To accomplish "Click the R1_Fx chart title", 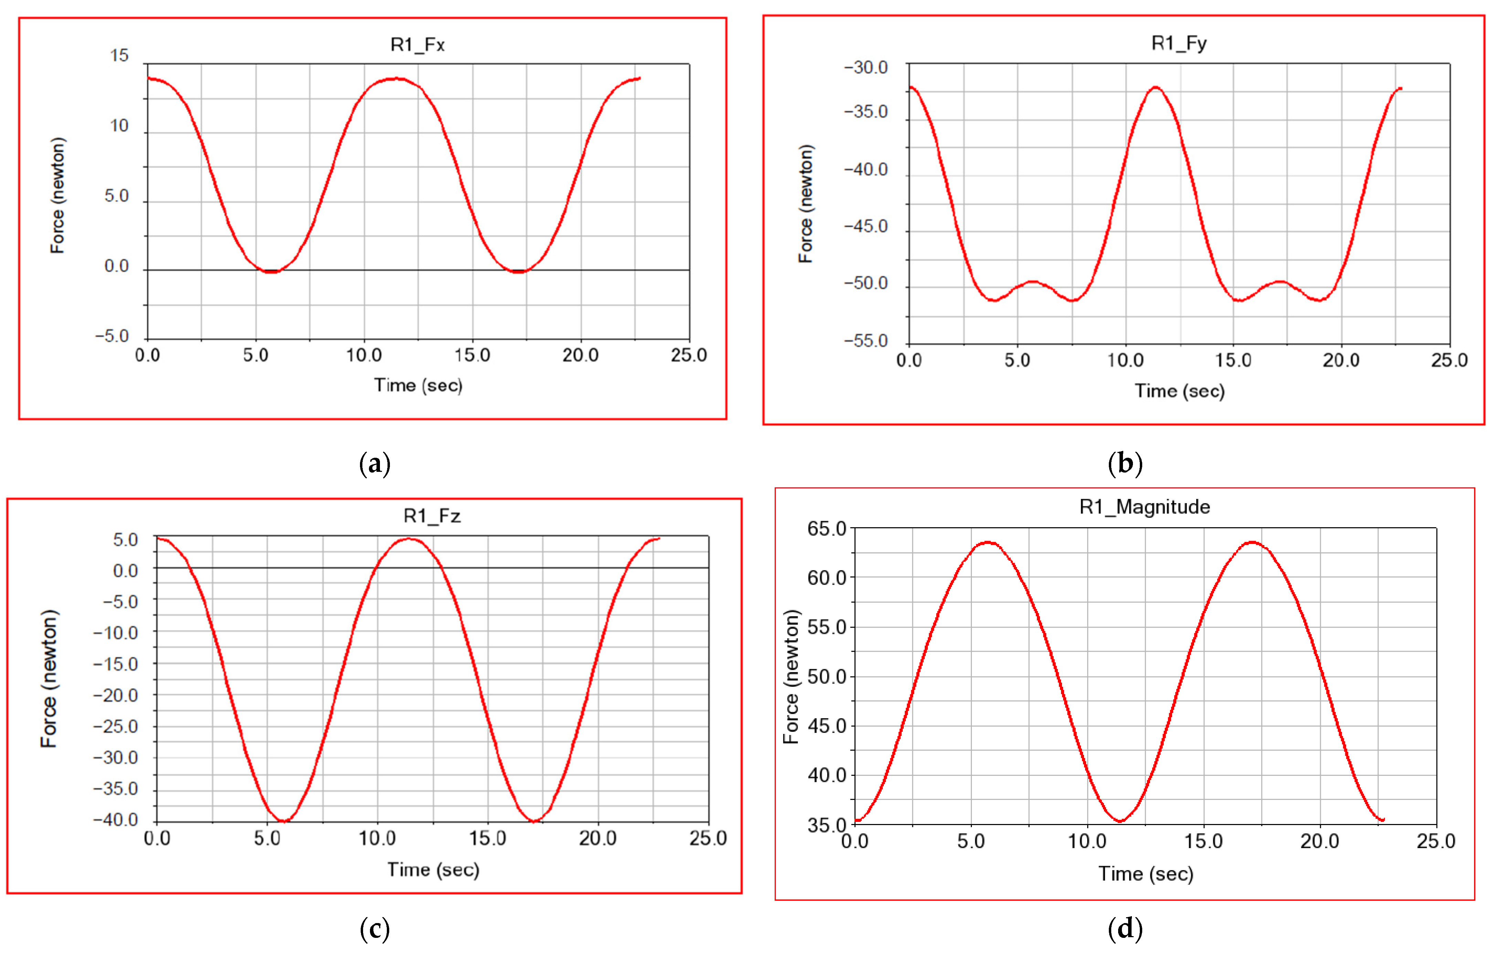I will click(x=417, y=45).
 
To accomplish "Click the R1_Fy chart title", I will click(x=1179, y=43).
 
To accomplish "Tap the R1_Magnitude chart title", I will click(x=1144, y=507).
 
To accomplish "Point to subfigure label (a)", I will click(x=375, y=464).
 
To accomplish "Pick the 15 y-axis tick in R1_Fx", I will click(x=119, y=55).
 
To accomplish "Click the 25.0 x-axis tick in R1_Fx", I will click(x=688, y=355).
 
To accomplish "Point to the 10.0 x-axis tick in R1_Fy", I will click(x=1125, y=360).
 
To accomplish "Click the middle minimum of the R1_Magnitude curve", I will click(x=1120, y=821).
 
